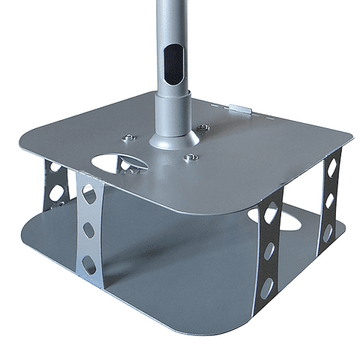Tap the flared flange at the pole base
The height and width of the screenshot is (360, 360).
[x=173, y=138]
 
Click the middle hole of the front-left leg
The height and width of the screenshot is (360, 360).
[x=88, y=229]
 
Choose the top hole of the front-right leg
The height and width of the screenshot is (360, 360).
[x=271, y=212]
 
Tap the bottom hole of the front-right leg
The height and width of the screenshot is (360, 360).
[x=267, y=285]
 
